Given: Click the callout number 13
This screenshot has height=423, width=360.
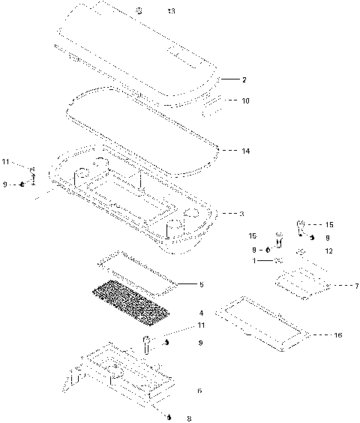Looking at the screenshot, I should coord(171,11).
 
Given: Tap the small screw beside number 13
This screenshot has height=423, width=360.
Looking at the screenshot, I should coord(139,10).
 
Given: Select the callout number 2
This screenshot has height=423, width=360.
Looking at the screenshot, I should coord(244,79).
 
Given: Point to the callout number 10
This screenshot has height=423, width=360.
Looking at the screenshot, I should coord(245,100).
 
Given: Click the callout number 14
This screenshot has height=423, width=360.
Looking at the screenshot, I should coord(245,151).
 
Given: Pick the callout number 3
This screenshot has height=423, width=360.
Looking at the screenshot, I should coord(241,214).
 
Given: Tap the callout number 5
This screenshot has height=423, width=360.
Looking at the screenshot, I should coord(201,284).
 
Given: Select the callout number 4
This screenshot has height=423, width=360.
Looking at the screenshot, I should coord(201,312).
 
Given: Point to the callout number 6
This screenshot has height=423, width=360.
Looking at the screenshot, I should coord(199,391).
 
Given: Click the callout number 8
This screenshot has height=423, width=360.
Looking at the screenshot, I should coord(188,418).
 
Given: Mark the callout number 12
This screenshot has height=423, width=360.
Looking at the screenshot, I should coord(328,250).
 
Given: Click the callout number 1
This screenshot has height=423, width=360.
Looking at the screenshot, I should coord(253,261).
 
